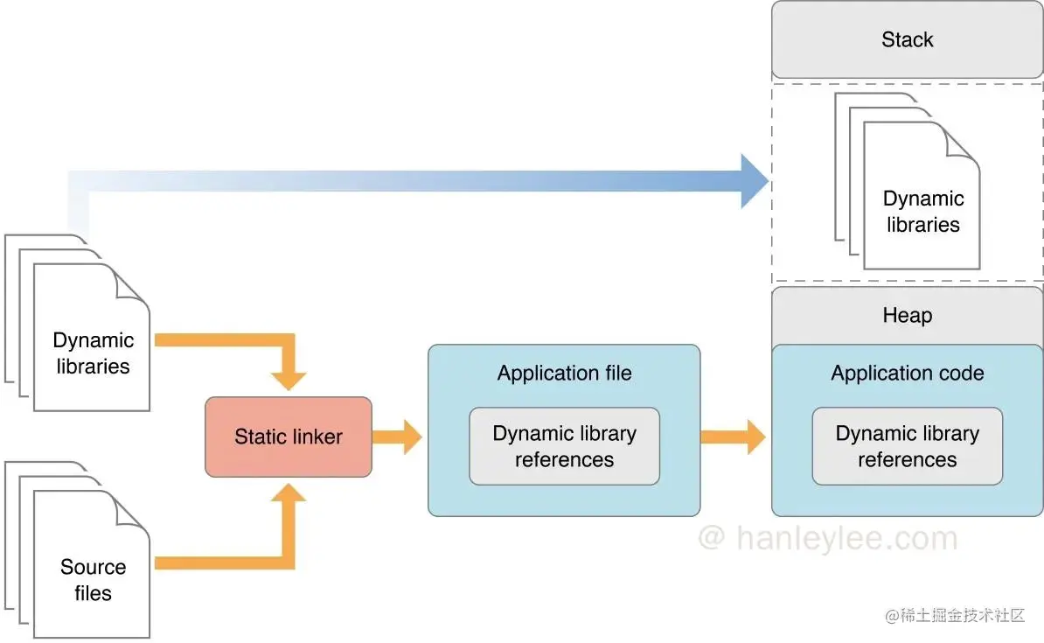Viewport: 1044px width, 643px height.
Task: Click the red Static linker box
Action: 289,437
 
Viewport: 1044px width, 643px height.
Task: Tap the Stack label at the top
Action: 907,39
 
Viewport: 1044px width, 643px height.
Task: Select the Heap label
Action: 907,315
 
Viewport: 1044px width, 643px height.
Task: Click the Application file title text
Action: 564,374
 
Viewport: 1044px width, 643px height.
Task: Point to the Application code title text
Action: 907,374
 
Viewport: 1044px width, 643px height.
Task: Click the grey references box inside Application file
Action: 564,446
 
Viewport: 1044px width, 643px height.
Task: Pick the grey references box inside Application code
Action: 907,446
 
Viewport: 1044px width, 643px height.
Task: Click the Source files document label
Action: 93,580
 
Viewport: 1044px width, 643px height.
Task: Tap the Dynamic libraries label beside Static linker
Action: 93,353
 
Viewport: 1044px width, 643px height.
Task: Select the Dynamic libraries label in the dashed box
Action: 922,212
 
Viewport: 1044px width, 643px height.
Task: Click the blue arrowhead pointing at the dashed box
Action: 754,181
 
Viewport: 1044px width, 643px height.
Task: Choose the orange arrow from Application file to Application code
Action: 734,437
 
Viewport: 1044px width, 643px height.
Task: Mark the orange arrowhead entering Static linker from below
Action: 289,494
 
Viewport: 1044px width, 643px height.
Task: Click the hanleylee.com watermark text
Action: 827,538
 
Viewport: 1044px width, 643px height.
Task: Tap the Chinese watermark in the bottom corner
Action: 954,616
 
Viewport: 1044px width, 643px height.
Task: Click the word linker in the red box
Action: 316,437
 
